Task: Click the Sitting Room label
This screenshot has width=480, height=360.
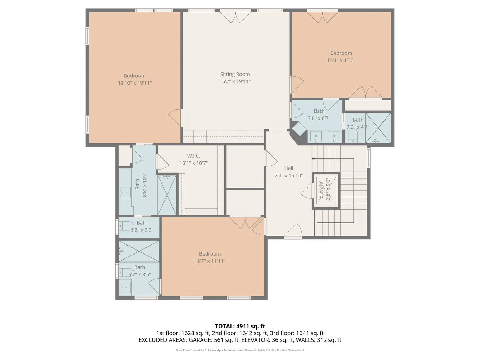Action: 235,74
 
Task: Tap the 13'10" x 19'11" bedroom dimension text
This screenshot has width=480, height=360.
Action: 135,83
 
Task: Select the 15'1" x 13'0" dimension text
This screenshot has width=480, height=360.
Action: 341,60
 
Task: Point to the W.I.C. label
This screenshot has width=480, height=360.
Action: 193,156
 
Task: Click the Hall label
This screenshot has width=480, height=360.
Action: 289,168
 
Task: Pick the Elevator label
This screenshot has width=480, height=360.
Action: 321,189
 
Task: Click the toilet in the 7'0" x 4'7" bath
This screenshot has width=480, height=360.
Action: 353,135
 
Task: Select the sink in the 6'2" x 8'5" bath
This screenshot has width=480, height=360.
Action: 125,287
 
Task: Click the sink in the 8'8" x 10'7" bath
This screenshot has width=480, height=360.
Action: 125,192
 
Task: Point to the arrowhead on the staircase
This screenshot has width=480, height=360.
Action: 313,159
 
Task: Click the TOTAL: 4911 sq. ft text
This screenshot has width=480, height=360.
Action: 240,326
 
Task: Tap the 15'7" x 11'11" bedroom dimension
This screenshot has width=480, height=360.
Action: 210,261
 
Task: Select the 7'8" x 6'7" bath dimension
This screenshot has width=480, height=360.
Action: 319,118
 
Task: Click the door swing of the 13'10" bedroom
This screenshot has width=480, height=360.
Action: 175,118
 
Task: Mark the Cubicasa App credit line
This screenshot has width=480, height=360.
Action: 240,350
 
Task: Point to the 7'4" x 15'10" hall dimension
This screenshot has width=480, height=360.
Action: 289,175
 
